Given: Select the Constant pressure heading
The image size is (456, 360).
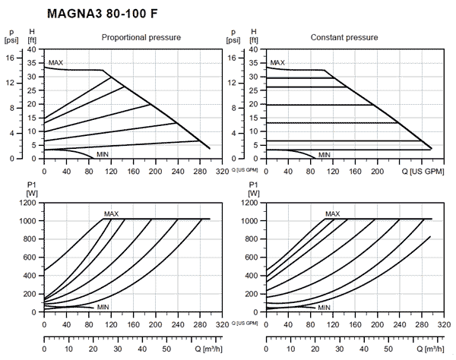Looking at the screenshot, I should tap(344, 37).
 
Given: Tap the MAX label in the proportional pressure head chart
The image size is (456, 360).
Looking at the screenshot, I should tap(55, 63).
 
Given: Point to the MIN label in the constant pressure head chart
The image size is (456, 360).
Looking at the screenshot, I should tap(325, 154).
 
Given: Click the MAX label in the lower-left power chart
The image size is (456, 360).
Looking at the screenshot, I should tap(112, 214).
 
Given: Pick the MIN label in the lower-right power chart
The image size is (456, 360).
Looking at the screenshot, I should tap(325, 308).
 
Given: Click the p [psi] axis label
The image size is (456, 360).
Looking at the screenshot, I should tap(11, 35).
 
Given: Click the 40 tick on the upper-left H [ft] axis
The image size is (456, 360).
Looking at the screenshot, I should tap(31, 49).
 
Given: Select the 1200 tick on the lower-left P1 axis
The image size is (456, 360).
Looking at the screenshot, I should tap(28, 203).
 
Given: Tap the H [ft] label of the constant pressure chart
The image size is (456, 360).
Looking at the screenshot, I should tap(255, 35).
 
